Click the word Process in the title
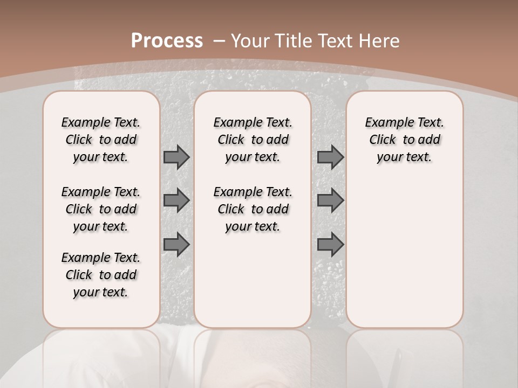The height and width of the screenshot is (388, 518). pos(167,41)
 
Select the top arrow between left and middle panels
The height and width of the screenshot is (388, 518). pos(176,157)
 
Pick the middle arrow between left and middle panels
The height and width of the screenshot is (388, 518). pos(176,200)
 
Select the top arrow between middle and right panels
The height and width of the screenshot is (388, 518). pos(330,157)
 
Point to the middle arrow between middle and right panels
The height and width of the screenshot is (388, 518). pos(330,200)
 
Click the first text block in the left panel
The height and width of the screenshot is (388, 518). pos(101,140)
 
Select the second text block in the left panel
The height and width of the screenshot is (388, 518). pos(101,209)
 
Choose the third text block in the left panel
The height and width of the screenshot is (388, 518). pos(101,275)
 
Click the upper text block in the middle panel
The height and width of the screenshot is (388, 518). pos(253,140)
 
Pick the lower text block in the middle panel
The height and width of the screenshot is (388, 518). pos(253,209)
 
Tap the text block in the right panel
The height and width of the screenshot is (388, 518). pos(405,140)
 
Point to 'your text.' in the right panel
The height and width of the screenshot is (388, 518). pos(405,157)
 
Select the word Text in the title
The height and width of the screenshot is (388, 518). pos(337,41)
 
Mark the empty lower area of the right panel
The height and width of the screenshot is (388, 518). pos(405,248)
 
